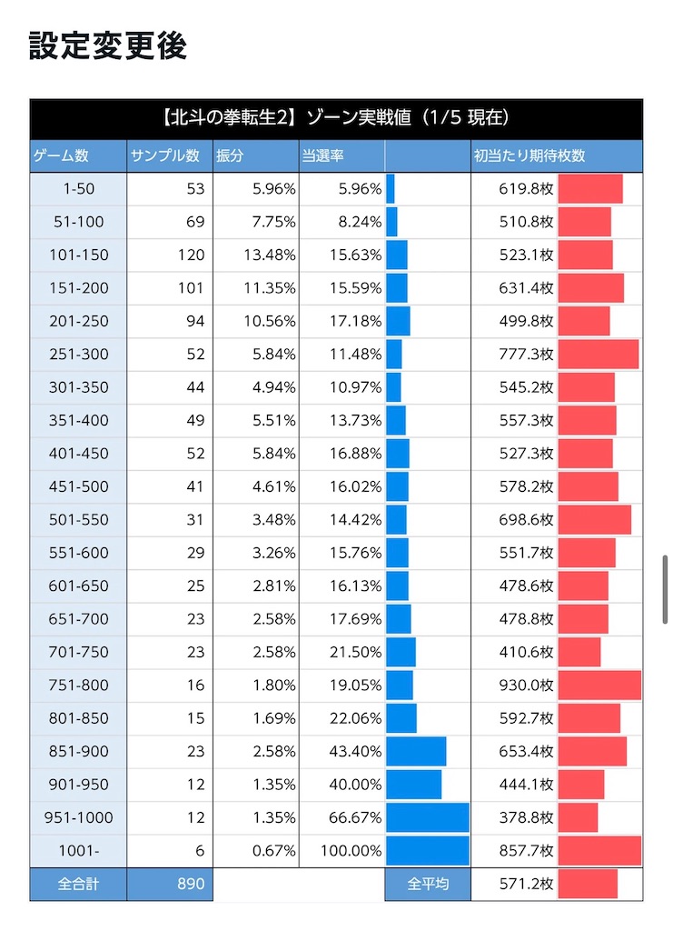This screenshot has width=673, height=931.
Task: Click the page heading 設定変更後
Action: pos(108,45)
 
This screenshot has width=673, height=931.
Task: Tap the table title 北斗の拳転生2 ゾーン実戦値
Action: pos(336,117)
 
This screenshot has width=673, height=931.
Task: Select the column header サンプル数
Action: pos(164,155)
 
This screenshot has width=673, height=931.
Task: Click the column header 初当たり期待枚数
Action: pos(529,155)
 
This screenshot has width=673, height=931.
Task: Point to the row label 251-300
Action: pos(79,355)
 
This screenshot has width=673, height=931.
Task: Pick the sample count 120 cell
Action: pos(191,255)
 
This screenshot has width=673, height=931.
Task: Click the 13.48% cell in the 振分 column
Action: pos(269,255)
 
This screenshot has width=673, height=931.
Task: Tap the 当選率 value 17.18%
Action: pos(356,321)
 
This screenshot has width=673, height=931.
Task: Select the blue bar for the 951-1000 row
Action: pos(428,817)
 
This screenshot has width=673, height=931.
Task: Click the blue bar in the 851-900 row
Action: pos(416,751)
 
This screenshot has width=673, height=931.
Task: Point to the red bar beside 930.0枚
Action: pos(599,685)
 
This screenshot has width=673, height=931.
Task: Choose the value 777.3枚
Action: pos(526,355)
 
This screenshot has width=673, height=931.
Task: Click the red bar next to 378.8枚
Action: pos(579,817)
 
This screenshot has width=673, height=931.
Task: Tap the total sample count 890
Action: pos(191,884)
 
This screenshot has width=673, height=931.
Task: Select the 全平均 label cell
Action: pos(428,884)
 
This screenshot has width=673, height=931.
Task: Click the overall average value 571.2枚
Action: pos(526,884)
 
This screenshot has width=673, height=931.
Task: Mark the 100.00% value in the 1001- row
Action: pos(351,851)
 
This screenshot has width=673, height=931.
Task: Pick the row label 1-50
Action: pos(79,189)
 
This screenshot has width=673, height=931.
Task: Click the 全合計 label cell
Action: pos(78,884)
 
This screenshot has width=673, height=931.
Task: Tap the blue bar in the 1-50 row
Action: pos(391,189)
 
